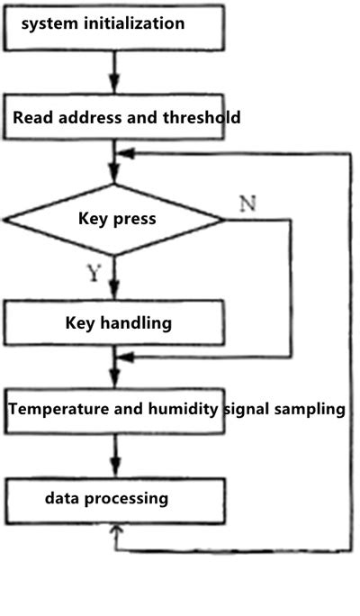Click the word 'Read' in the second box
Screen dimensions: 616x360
(33, 117)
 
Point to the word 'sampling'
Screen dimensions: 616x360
(309, 409)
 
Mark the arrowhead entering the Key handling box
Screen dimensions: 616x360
(113, 294)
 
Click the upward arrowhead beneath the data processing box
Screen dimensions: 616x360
(113, 533)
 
